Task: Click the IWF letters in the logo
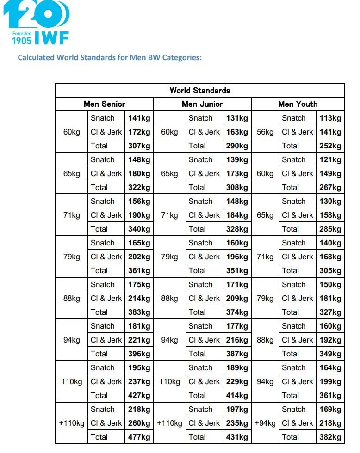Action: pos(52,38)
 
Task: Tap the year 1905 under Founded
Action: pos(22,40)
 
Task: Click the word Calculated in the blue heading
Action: pos(36,58)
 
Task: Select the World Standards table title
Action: pos(200,91)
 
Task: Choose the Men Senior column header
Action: pos(105,104)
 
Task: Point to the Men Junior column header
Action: pos(202,104)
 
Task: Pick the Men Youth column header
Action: pos(298,104)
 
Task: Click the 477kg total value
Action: pos(139,437)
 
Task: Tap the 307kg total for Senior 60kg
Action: pos(139,146)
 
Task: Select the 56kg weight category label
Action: pos(265,132)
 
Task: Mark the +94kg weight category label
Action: pos(265,423)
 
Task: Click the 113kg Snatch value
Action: pos(330,118)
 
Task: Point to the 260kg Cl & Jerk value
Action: pos(139,423)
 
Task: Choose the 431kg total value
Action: pos(237,437)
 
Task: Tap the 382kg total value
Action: pos(330,437)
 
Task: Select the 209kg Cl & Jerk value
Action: pos(237,298)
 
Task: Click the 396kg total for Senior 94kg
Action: pos(139,354)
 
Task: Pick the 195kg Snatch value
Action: pos(139,367)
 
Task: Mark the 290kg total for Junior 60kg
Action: pos(237,146)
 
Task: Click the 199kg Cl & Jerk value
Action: pos(330,381)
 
